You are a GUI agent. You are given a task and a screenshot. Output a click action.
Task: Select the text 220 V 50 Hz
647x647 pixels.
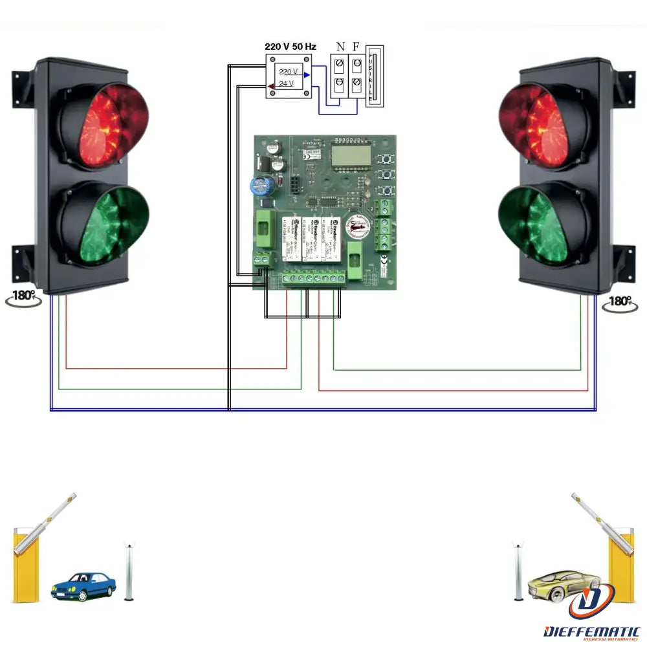click(x=291, y=47)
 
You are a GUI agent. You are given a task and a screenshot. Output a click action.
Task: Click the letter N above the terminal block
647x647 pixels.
click(x=340, y=47)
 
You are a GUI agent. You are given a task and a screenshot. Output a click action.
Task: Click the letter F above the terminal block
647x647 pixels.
click(x=356, y=47)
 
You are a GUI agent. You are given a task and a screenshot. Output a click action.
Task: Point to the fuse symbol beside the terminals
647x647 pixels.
click(x=375, y=76)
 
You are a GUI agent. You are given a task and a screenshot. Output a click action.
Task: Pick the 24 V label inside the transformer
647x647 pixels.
click(x=287, y=83)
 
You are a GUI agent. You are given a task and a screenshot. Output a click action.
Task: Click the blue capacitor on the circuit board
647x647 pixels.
click(x=260, y=186)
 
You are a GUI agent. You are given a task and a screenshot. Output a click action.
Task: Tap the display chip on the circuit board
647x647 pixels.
click(x=349, y=155)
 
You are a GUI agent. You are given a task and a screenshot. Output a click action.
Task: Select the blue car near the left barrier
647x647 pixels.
click(x=83, y=586)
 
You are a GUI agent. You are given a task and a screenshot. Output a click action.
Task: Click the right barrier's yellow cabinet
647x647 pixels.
click(x=622, y=563)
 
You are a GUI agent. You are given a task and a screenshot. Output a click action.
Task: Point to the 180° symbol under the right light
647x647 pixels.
click(x=620, y=302)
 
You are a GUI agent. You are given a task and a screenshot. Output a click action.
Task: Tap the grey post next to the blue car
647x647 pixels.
click(x=129, y=573)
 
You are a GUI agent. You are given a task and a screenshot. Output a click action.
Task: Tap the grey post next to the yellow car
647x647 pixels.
click(x=518, y=572)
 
